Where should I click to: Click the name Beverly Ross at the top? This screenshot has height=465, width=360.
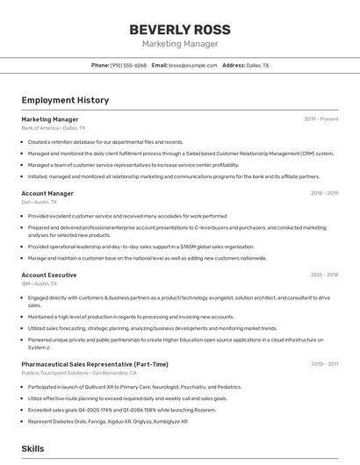pos(179,27)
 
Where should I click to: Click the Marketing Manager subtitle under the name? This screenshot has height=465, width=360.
pos(179,44)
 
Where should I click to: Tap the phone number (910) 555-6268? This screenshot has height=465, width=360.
pos(128,65)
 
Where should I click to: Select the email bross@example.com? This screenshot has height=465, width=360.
pos(192,65)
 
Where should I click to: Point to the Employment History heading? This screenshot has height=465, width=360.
pos(65,100)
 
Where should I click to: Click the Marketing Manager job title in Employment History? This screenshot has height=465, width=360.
pos(49,118)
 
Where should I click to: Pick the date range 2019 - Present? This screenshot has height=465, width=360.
pos(320,118)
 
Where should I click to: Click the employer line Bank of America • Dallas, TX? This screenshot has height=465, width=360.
pos(54,127)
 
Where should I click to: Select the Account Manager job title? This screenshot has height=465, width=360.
pos(47,193)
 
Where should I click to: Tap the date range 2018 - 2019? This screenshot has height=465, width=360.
pos(324,193)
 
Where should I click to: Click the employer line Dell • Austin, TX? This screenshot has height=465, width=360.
pos(39,202)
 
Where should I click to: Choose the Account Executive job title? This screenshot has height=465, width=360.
pos(48,275)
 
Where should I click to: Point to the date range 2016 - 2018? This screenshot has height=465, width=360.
pos(324,275)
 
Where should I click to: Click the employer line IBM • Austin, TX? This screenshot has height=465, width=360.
pos(39,284)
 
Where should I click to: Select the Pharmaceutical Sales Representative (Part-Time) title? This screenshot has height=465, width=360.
pos(95,364)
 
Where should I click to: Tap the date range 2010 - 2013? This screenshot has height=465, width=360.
pos(324,364)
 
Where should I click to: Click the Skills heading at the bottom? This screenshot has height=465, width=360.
pos(33,448)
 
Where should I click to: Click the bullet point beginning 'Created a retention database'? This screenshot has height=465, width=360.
pos(105,141)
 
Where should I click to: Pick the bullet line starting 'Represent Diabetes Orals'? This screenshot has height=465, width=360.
pos(107,421)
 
